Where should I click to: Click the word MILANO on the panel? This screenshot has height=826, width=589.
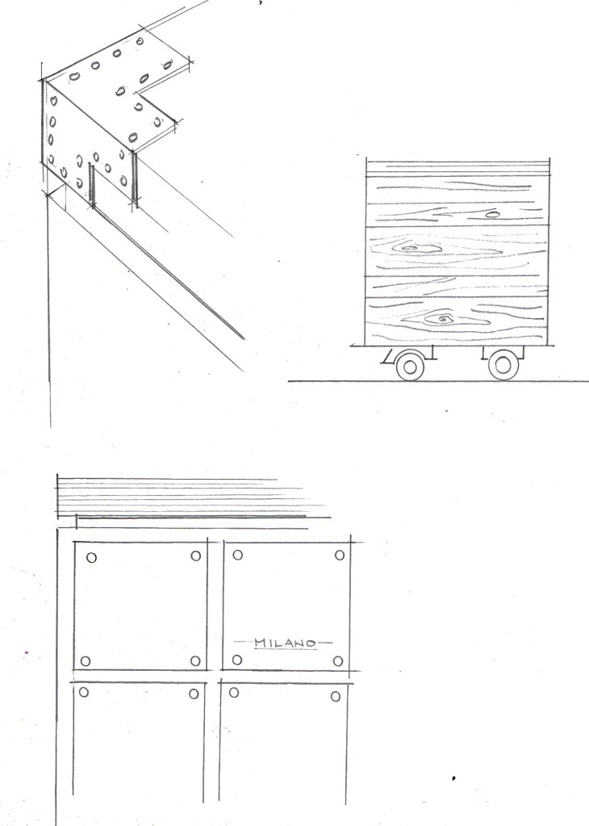pos(285,643)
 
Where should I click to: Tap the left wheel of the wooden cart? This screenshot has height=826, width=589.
pos(410,365)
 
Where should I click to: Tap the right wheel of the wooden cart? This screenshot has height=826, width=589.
pos(503,364)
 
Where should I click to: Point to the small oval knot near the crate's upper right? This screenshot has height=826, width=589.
pos(492,215)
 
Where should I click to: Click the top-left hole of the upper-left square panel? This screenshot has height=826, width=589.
pos(92,557)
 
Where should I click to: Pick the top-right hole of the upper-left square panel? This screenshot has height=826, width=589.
pos(196,556)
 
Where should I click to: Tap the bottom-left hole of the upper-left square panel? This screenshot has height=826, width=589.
pos(86,660)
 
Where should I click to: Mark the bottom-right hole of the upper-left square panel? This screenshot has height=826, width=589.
pos(195,660)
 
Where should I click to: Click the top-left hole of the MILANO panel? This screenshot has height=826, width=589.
pos(237,555)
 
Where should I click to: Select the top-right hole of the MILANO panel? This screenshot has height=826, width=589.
pos(340,555)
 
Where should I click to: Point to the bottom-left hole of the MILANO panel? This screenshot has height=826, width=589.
pos(237,660)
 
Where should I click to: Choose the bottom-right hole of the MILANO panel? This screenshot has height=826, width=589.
pos(338,661)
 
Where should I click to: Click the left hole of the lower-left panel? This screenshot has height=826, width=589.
pos(84,692)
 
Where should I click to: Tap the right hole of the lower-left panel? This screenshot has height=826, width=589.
pos(194,694)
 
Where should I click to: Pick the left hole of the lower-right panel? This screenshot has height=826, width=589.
pos(234,692)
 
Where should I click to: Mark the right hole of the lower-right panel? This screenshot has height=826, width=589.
pos(336,697)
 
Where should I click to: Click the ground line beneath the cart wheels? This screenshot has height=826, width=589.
pos(438,381)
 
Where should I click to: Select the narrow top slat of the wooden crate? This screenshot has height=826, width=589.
pos(458,167)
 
